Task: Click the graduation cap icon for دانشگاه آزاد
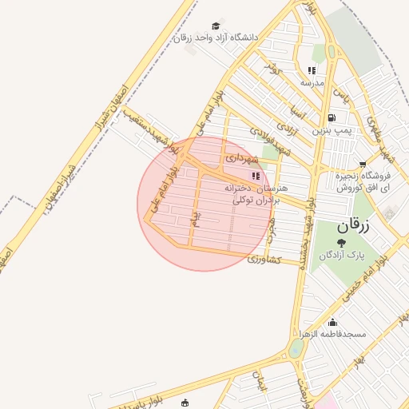point(215,26)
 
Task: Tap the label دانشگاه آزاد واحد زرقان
point(216,38)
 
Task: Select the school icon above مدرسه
point(312,70)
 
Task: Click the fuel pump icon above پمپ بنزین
point(332,117)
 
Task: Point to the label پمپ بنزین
point(331,129)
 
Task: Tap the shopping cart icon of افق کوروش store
point(363,165)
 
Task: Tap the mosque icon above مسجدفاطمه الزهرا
point(332,323)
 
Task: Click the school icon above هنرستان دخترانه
point(256,177)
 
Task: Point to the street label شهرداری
point(242,158)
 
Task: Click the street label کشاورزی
point(265,260)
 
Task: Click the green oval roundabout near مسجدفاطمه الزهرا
point(296,348)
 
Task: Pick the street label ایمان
point(259,381)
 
